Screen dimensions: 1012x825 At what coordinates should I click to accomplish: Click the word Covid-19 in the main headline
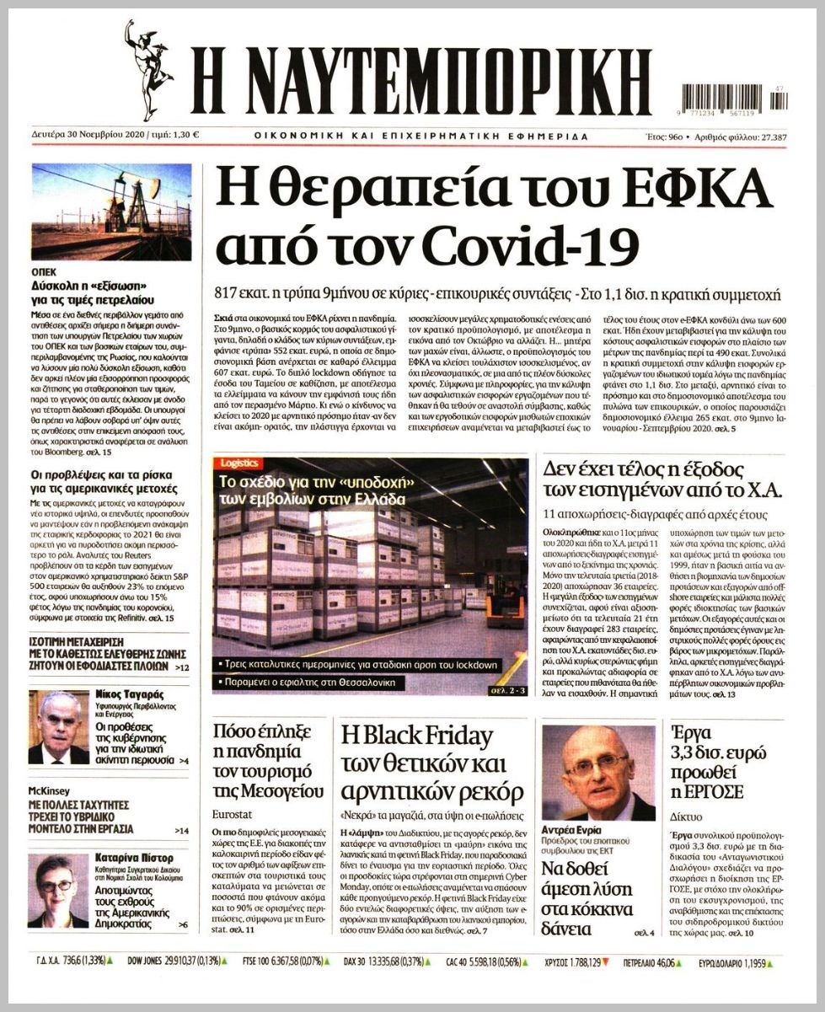(x=528, y=244)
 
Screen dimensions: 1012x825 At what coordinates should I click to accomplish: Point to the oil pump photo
(x=111, y=212)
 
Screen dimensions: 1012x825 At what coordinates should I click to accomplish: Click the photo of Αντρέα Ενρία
(x=597, y=774)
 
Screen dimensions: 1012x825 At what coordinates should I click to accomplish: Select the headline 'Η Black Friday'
(x=416, y=736)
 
